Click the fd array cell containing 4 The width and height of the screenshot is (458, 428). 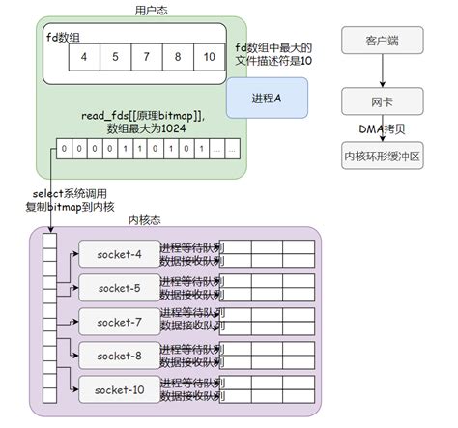84,56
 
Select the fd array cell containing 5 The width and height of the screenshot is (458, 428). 116,56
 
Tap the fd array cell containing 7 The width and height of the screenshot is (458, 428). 148,56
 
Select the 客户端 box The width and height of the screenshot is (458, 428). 383,42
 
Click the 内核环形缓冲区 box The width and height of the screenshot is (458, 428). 383,154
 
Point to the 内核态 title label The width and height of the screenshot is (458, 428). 146,220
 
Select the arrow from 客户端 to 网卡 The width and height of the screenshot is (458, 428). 383,71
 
